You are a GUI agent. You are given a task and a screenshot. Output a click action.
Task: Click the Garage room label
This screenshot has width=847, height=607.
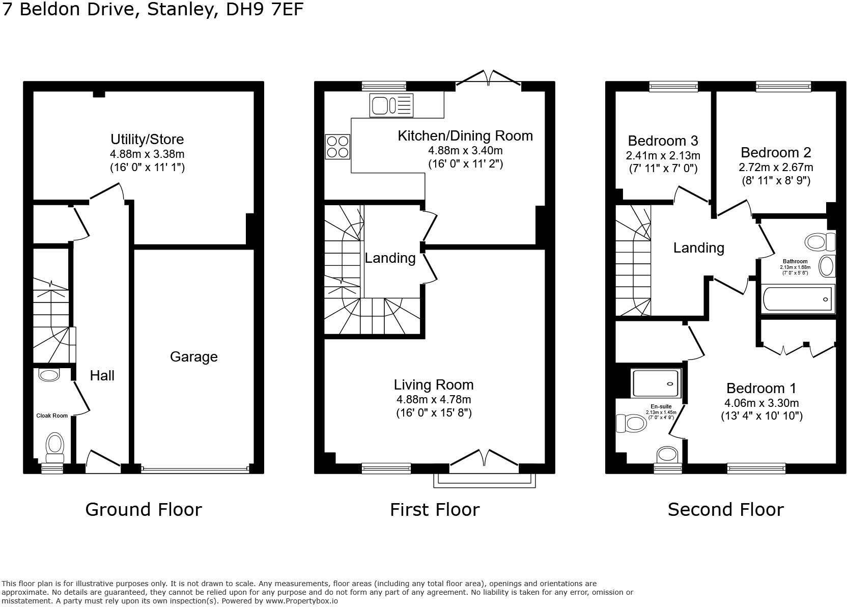pyautogui.click(x=193, y=356)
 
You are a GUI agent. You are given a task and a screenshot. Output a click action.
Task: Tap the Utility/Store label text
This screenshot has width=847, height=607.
pyautogui.click(x=147, y=139)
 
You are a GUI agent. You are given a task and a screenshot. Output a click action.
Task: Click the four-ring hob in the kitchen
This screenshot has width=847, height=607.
pyautogui.click(x=337, y=146)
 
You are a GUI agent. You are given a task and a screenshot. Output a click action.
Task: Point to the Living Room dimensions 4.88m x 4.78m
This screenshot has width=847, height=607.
pyautogui.click(x=434, y=399)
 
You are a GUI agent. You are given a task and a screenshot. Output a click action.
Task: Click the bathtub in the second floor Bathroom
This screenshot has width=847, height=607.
pyautogui.click(x=798, y=298)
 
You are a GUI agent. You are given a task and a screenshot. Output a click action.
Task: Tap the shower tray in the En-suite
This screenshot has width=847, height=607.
pyautogui.click(x=656, y=383)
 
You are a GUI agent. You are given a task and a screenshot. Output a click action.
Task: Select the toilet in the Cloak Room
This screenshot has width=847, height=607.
pyautogui.click(x=54, y=444)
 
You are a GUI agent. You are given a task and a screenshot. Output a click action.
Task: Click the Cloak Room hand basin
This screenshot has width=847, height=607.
pyautogui.click(x=49, y=375)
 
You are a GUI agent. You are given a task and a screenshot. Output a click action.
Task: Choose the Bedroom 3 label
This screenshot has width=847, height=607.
pyautogui.click(x=663, y=141)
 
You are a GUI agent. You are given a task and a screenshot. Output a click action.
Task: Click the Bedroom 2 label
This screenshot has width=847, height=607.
pyautogui.click(x=776, y=152)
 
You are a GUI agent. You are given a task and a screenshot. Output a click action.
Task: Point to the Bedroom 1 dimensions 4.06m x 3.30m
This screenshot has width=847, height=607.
pyautogui.click(x=761, y=403)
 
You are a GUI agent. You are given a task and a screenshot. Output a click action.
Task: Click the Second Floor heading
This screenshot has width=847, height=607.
pyautogui.click(x=725, y=509)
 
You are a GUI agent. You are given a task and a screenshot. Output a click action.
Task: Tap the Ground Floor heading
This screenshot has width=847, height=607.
pyautogui.click(x=144, y=509)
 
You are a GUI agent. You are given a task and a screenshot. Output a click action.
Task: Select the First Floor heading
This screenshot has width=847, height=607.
pyautogui.click(x=435, y=509)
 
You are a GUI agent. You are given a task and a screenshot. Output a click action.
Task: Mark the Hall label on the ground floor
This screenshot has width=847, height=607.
pyautogui.click(x=102, y=376)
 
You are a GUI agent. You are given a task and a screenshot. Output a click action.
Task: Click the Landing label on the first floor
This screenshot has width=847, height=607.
pyautogui.click(x=390, y=258)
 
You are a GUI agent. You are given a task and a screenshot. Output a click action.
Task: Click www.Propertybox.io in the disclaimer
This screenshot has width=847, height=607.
pyautogui.click(x=302, y=600)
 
